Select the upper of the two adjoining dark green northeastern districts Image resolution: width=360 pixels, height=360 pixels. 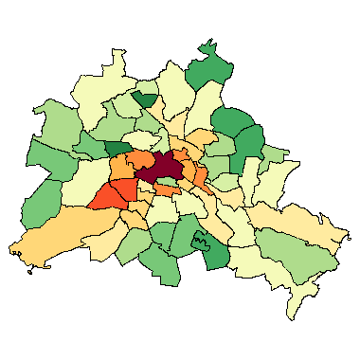(x=230, y=121)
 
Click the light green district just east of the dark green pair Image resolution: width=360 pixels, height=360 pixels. (x=275, y=154)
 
